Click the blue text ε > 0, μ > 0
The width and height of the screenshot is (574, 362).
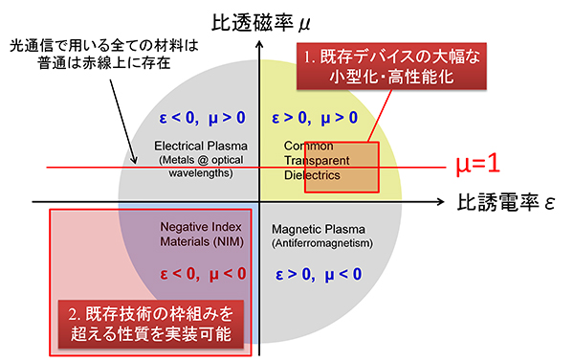pyautogui.click(x=315, y=120)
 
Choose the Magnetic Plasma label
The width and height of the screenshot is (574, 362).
pyautogui.click(x=316, y=231)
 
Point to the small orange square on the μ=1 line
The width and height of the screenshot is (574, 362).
pyautogui.click(x=342, y=168)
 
